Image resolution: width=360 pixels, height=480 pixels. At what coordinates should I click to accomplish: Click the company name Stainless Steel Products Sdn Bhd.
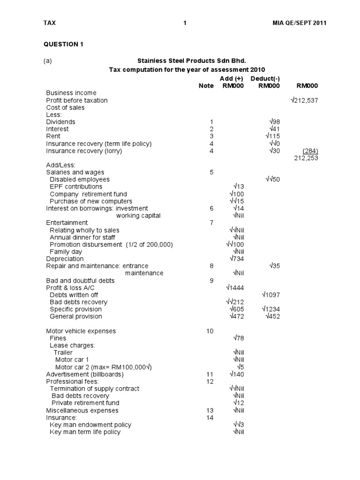click(191, 61)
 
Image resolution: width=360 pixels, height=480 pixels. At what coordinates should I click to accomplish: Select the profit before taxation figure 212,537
click(305, 100)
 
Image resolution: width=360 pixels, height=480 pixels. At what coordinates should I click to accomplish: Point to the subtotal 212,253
click(306, 158)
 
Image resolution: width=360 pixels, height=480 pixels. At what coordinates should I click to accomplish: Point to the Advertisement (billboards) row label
click(85, 374)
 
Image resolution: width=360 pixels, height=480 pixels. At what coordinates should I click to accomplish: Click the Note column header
click(206, 86)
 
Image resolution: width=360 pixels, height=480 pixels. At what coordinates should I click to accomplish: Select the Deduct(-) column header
click(265, 78)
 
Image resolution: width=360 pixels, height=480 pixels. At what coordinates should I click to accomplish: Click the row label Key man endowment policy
click(90, 425)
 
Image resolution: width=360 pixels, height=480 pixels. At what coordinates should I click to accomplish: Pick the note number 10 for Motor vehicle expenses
click(210, 331)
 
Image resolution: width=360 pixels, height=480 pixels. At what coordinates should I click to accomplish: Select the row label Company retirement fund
click(88, 194)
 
